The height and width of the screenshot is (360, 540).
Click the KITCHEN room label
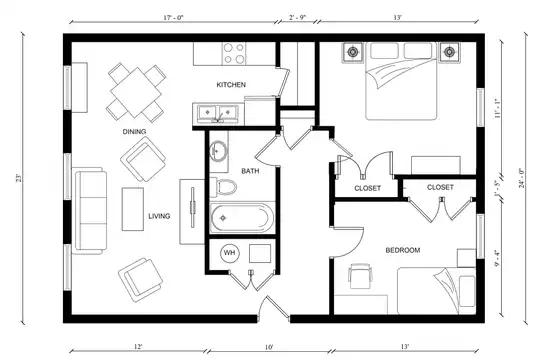coord(231,85)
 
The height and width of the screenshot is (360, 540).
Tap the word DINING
coord(134,132)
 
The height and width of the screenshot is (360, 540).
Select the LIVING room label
coord(159,216)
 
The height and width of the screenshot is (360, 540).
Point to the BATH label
coord(250,171)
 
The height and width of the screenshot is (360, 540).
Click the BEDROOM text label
coord(403,250)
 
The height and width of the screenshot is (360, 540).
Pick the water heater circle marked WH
coord(230,253)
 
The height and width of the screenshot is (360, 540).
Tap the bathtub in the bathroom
coord(242,218)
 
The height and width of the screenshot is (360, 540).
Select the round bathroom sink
coord(218,151)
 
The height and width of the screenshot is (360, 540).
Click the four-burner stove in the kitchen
coord(234,53)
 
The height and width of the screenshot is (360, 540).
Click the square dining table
coord(136,92)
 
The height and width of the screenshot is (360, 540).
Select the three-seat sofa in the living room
coord(89,211)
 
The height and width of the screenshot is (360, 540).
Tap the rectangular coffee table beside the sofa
coord(133,209)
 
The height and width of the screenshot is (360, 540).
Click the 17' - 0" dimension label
coord(174,18)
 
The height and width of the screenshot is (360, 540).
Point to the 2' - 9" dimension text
coord(297,18)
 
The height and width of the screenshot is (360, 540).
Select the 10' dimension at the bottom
coord(269,347)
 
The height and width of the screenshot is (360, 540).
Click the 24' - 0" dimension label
coord(522,178)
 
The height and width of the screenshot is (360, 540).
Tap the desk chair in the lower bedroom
coord(360,276)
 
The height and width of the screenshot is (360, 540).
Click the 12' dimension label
coord(138,347)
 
